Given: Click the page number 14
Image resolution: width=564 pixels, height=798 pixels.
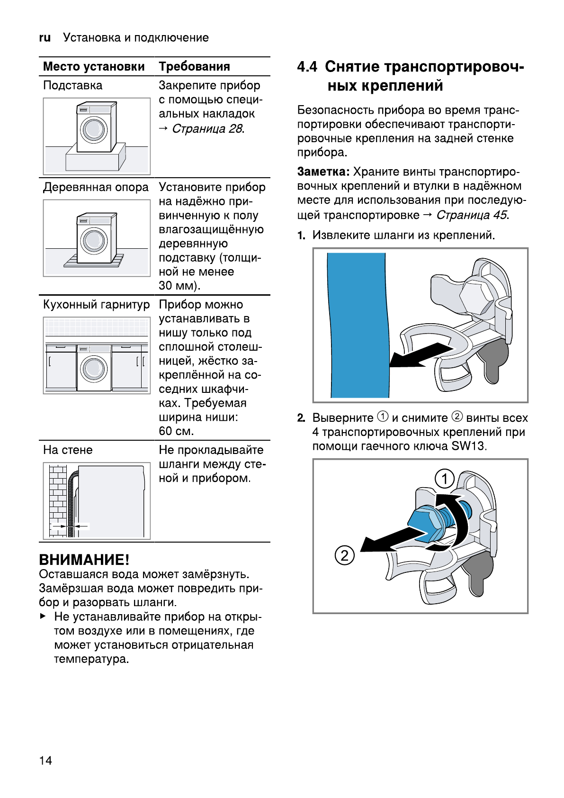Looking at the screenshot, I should click(45, 761).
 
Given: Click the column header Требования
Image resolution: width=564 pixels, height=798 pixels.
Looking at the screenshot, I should click(194, 66).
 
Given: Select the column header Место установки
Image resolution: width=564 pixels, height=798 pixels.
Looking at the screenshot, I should click(94, 66).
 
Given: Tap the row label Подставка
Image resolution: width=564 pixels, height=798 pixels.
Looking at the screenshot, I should click(72, 85).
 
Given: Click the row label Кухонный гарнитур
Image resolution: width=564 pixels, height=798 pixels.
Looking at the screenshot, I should click(96, 305).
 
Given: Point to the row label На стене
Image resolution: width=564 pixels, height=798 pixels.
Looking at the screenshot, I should click(68, 450).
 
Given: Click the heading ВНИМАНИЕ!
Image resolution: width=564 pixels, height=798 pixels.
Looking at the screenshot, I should click(84, 560).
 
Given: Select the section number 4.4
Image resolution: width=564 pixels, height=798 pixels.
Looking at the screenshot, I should click(307, 67).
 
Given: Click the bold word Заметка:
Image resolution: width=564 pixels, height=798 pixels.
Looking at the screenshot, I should click(323, 172).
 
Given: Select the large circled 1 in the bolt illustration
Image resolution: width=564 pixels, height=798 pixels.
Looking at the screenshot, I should click(445, 479).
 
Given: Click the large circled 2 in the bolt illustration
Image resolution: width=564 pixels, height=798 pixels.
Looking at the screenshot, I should click(345, 555).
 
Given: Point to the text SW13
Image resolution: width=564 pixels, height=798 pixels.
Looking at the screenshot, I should click(469, 446).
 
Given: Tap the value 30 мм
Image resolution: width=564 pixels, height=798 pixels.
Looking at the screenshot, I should click(179, 286).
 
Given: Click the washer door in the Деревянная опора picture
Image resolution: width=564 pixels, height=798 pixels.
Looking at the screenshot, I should click(94, 240).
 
